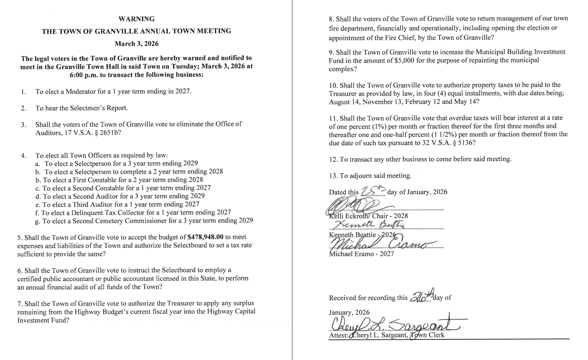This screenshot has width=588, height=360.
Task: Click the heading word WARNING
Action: pyautogui.click(x=136, y=19)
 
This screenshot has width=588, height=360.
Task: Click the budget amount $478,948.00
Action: pyautogui.click(x=206, y=237)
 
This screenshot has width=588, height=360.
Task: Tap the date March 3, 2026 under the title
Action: pyautogui.click(x=136, y=43)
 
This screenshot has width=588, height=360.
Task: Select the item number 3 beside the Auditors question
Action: pyautogui.click(x=24, y=125)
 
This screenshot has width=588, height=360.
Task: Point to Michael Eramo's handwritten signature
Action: pyautogui.click(x=382, y=244)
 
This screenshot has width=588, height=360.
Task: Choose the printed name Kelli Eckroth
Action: pyautogui.click(x=349, y=216)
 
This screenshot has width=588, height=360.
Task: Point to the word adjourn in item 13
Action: pyautogui.click(x=359, y=176)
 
